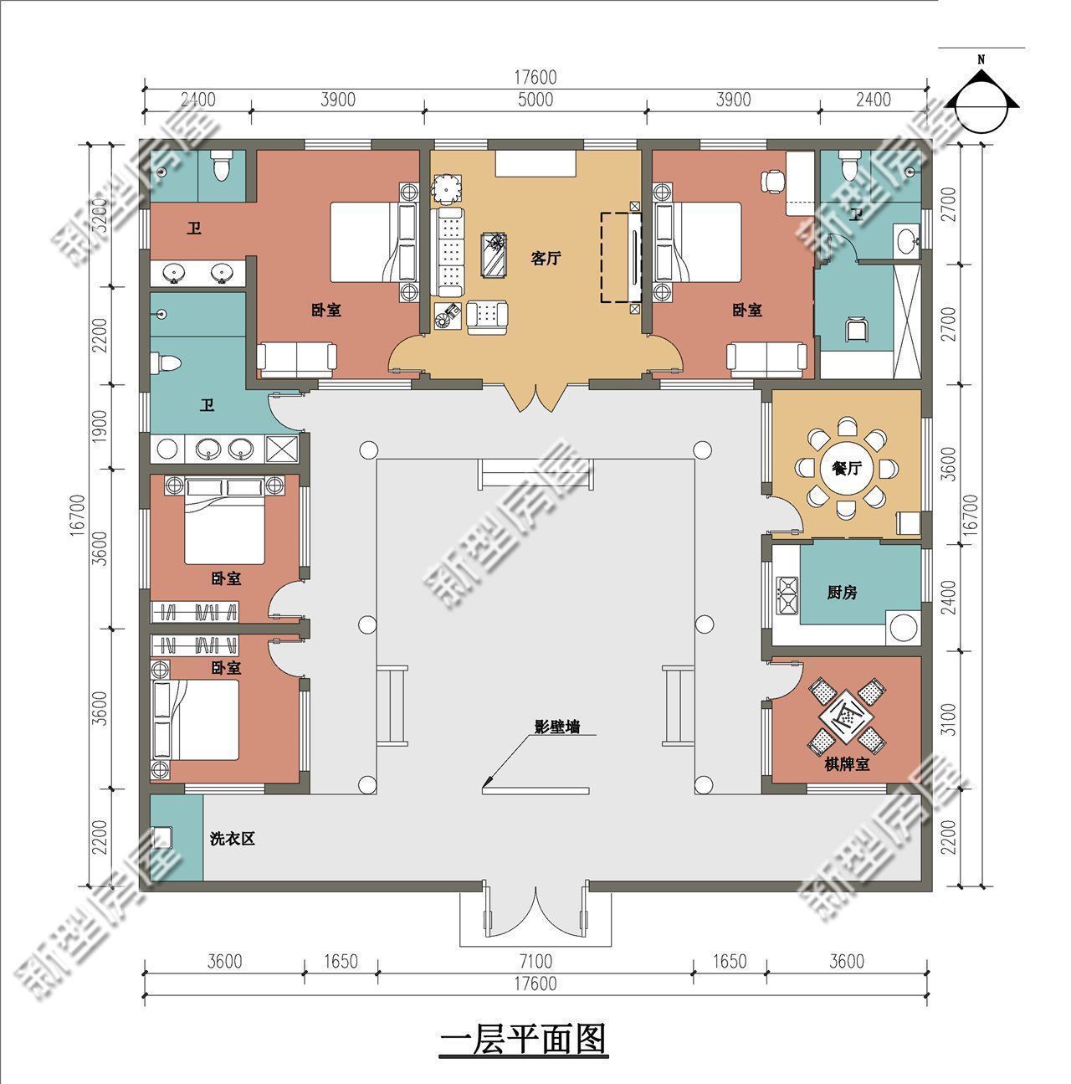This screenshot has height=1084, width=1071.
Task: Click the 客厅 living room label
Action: point(545,258)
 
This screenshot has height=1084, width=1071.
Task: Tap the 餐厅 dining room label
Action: point(846,469)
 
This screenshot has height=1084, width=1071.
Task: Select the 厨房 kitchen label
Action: point(841,593)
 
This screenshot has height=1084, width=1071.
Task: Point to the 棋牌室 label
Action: point(846,765)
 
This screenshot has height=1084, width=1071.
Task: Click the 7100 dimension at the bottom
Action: point(535,961)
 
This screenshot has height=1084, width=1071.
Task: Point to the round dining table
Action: point(846,470)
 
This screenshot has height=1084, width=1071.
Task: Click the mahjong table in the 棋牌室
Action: point(846,714)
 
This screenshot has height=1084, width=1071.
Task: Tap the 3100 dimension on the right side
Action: point(947,720)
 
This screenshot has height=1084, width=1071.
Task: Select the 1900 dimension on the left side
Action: point(100,427)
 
